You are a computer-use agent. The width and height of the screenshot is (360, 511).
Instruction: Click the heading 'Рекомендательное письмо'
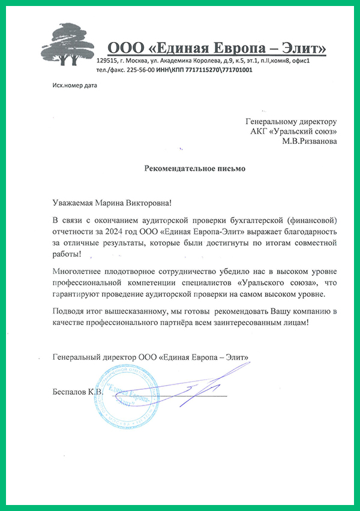[x=195, y=169]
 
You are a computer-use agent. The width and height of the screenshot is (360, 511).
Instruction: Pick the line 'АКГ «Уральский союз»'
[x=293, y=131]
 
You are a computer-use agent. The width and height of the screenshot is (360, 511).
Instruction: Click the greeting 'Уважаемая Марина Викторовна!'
[x=116, y=204]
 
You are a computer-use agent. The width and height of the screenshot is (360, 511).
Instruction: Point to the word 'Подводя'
[x=69, y=312]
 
